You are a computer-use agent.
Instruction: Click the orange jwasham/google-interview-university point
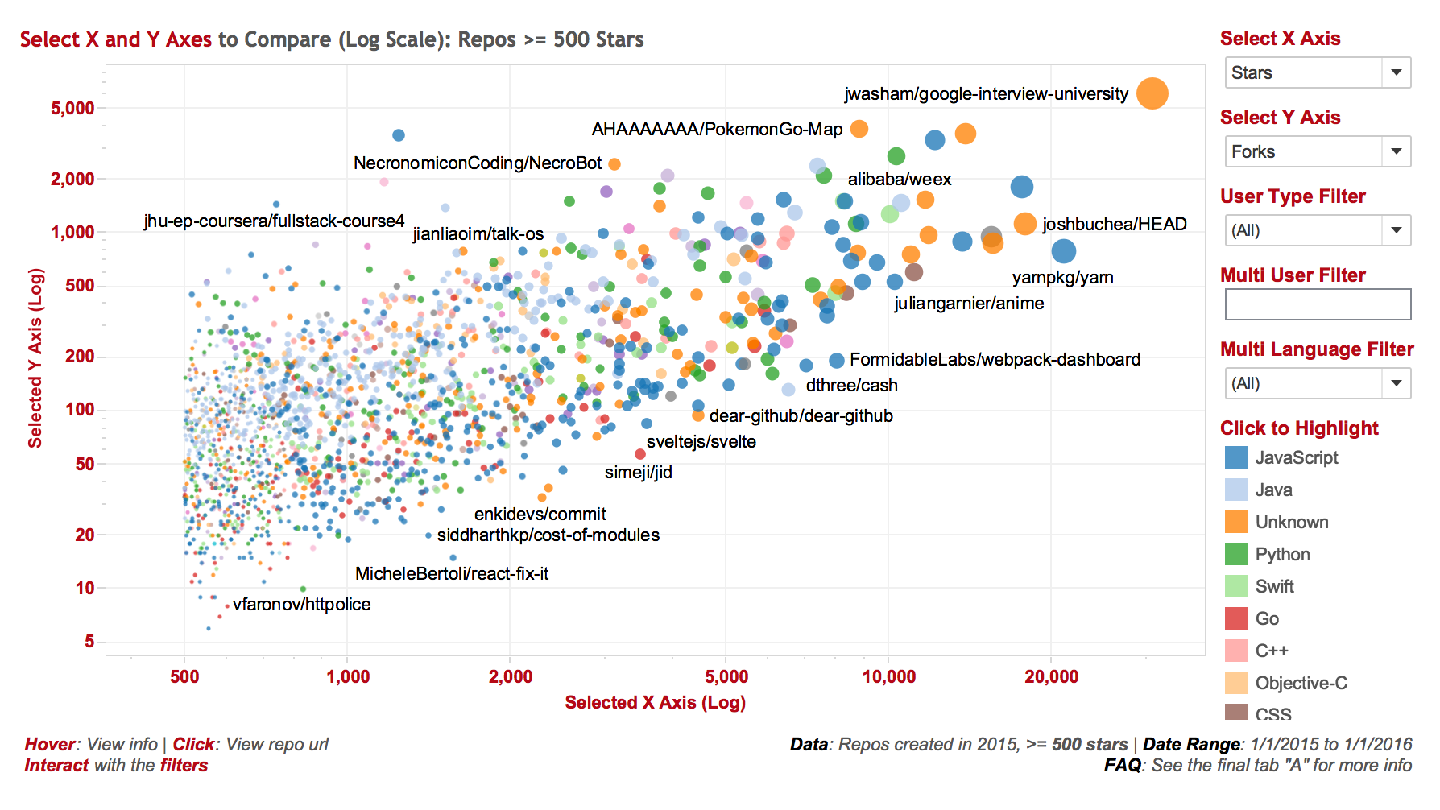[x=1152, y=93]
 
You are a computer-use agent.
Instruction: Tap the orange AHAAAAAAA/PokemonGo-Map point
[x=859, y=129]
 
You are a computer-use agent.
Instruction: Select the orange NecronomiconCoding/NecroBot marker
[x=614, y=164]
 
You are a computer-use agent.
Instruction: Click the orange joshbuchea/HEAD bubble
[x=1024, y=224]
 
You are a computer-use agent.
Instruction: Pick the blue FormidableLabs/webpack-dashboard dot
[x=837, y=361]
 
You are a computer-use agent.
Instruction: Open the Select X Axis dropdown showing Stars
[x=1317, y=72]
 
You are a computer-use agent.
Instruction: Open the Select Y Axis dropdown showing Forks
[x=1317, y=151]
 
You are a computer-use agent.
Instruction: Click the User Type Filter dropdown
[x=1317, y=230]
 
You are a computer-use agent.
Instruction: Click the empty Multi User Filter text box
[x=1317, y=304]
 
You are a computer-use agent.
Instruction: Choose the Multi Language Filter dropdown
[x=1317, y=383]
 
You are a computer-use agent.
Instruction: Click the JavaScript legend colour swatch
[x=1235, y=457]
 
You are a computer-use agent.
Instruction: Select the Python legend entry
[x=1282, y=554]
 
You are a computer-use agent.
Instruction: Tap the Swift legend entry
[x=1274, y=586]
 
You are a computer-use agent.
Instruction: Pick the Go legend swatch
[x=1235, y=618]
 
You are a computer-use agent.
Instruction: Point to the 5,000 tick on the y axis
[x=72, y=108]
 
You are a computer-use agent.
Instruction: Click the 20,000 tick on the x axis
[x=1051, y=676]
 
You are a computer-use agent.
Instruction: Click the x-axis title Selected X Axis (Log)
[x=655, y=702]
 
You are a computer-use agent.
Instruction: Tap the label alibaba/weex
[x=899, y=180]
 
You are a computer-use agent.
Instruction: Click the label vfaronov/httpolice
[x=301, y=605]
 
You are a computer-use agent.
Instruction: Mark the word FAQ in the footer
[x=1122, y=765]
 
